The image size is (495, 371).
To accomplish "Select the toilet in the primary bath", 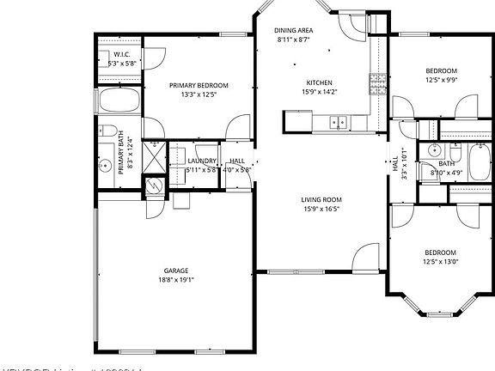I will click(x=108, y=133).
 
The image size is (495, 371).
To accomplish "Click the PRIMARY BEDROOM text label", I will click(x=199, y=85).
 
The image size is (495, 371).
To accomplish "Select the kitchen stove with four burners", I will click(x=377, y=83).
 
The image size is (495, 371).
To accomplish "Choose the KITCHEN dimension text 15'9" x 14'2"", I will click(x=318, y=92).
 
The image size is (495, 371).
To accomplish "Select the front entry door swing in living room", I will click(x=365, y=256).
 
